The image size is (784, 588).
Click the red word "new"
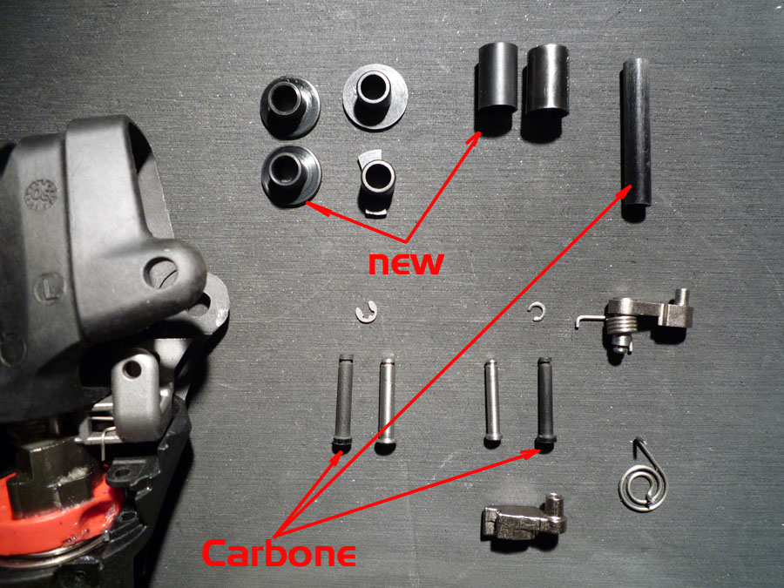click(x=405, y=263)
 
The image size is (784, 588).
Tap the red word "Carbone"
click(x=279, y=552)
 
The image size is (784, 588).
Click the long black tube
click(x=636, y=132)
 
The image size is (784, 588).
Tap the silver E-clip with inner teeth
click(x=367, y=312)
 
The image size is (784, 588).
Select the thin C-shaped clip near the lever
click(x=537, y=312)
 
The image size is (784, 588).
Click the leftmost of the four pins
click(x=343, y=400)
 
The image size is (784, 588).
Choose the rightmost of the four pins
click(x=545, y=401)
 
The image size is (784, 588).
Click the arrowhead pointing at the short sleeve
click(x=474, y=138)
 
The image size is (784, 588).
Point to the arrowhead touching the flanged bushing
click(x=313, y=206)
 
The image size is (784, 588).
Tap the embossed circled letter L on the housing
click(x=49, y=288)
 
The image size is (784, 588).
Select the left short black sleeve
click(x=497, y=78)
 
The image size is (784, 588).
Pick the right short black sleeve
click(x=549, y=81)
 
